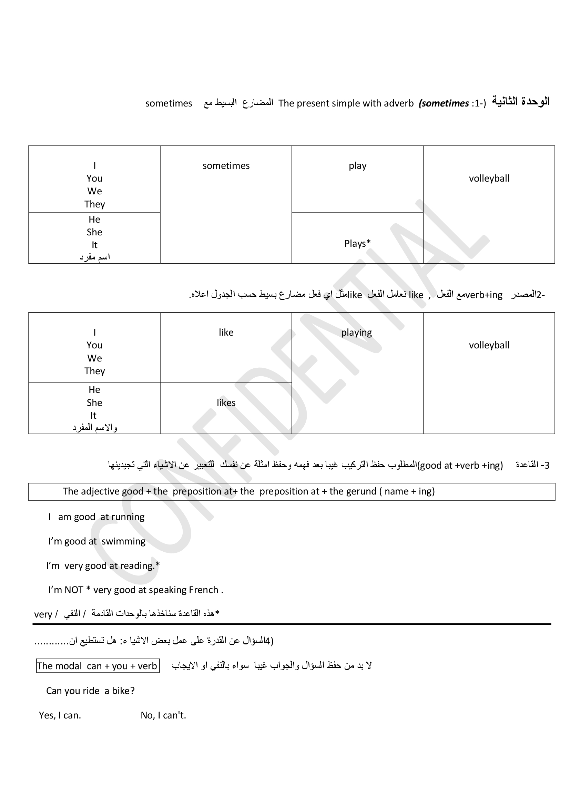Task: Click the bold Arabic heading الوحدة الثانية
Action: [x=520, y=102]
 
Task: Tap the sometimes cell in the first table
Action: [x=226, y=166]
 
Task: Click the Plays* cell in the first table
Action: [x=357, y=243]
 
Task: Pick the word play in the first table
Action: [x=357, y=166]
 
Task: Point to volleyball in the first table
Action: [x=489, y=178]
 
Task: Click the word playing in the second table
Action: [x=356, y=333]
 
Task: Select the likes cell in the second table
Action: [x=226, y=402]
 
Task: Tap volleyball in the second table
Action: [x=489, y=345]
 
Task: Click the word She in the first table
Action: [x=94, y=232]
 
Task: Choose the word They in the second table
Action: [x=94, y=371]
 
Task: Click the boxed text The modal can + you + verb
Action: [x=98, y=666]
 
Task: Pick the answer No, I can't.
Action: [x=163, y=715]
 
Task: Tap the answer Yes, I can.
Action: [x=60, y=715]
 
